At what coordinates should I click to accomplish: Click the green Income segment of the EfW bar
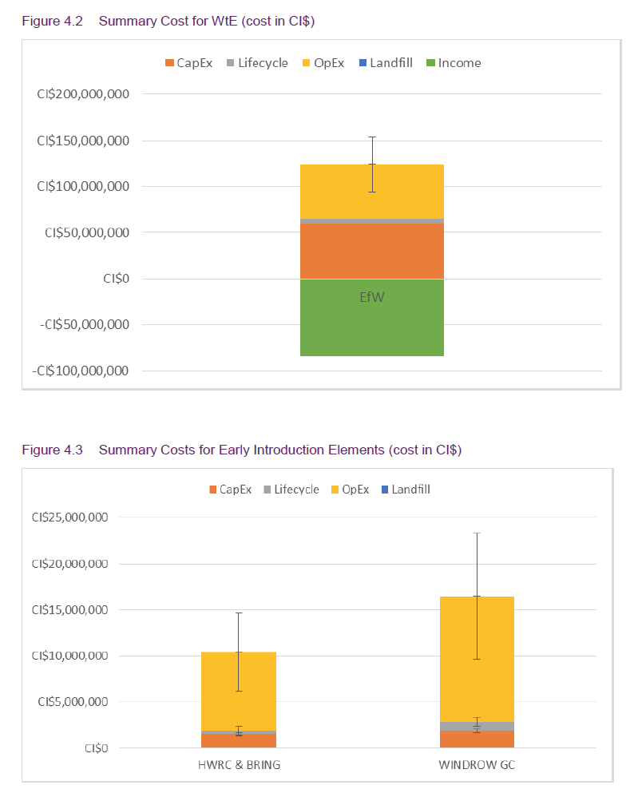371,327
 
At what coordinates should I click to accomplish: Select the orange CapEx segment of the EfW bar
371,251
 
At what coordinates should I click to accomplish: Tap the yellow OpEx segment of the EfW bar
335,192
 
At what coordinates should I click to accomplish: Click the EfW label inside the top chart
372,297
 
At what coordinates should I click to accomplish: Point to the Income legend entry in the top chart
459,63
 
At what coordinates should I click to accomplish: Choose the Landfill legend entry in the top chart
390,63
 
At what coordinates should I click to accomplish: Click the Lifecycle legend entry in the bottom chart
296,490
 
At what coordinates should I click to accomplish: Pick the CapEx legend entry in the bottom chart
236,490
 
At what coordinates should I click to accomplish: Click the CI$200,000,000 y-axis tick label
83,94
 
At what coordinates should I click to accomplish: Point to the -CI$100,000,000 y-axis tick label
81,371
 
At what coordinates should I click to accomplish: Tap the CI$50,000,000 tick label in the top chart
86,233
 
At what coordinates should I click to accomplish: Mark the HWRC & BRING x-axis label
239,764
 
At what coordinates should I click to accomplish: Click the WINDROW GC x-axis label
476,764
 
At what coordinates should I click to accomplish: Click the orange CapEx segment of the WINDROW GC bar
455,740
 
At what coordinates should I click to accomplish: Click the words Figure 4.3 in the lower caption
51,450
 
